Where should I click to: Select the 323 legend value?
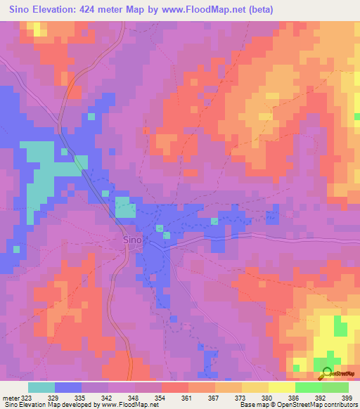pos(25,397)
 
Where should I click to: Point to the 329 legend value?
pos(53,397)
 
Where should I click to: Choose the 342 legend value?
pos(106,397)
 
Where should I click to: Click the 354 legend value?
pos(160,397)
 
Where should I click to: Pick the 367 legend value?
pos(213,397)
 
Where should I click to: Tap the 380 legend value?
pos(266,397)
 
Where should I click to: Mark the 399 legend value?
pos(347,397)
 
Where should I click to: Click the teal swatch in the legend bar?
pos(41,387)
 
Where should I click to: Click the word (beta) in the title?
pos(257,10)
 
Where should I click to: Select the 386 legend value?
pos(293,397)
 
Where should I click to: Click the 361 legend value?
pos(186,397)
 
